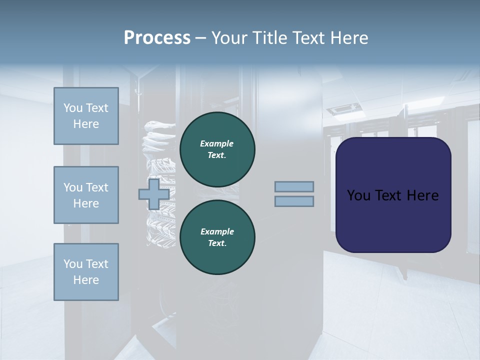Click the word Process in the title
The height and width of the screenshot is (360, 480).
pyautogui.click(x=157, y=38)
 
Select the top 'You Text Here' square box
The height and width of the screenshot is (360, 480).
pyautogui.click(x=86, y=116)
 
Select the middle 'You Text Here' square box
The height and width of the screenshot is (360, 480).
pyautogui.click(x=86, y=195)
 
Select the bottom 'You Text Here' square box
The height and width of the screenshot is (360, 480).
pyautogui.click(x=86, y=272)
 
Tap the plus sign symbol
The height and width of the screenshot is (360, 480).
pyautogui.click(x=154, y=194)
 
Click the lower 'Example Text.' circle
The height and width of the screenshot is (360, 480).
pyautogui.click(x=217, y=237)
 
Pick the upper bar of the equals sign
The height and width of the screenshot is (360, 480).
pyautogui.click(x=294, y=186)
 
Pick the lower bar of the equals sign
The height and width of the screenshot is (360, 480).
pyautogui.click(x=294, y=201)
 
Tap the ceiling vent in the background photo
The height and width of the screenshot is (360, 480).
pyautogui.click(x=343, y=108)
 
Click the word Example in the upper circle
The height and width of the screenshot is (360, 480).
pyautogui.click(x=217, y=143)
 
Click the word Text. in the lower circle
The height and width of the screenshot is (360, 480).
pyautogui.click(x=217, y=243)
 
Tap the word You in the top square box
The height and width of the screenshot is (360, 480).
pyautogui.click(x=73, y=108)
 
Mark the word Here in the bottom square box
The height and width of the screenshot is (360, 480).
pyautogui.click(x=86, y=280)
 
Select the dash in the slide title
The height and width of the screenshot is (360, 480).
pyautogui.click(x=200, y=38)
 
